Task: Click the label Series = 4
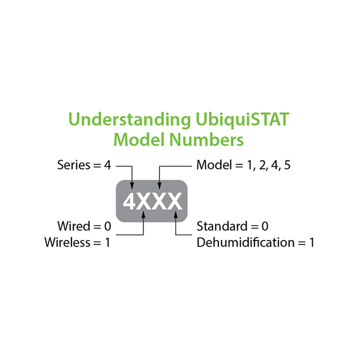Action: (x=84, y=164)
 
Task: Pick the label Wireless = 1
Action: (x=77, y=242)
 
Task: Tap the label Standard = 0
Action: (x=232, y=227)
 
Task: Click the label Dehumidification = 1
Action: (x=256, y=242)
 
